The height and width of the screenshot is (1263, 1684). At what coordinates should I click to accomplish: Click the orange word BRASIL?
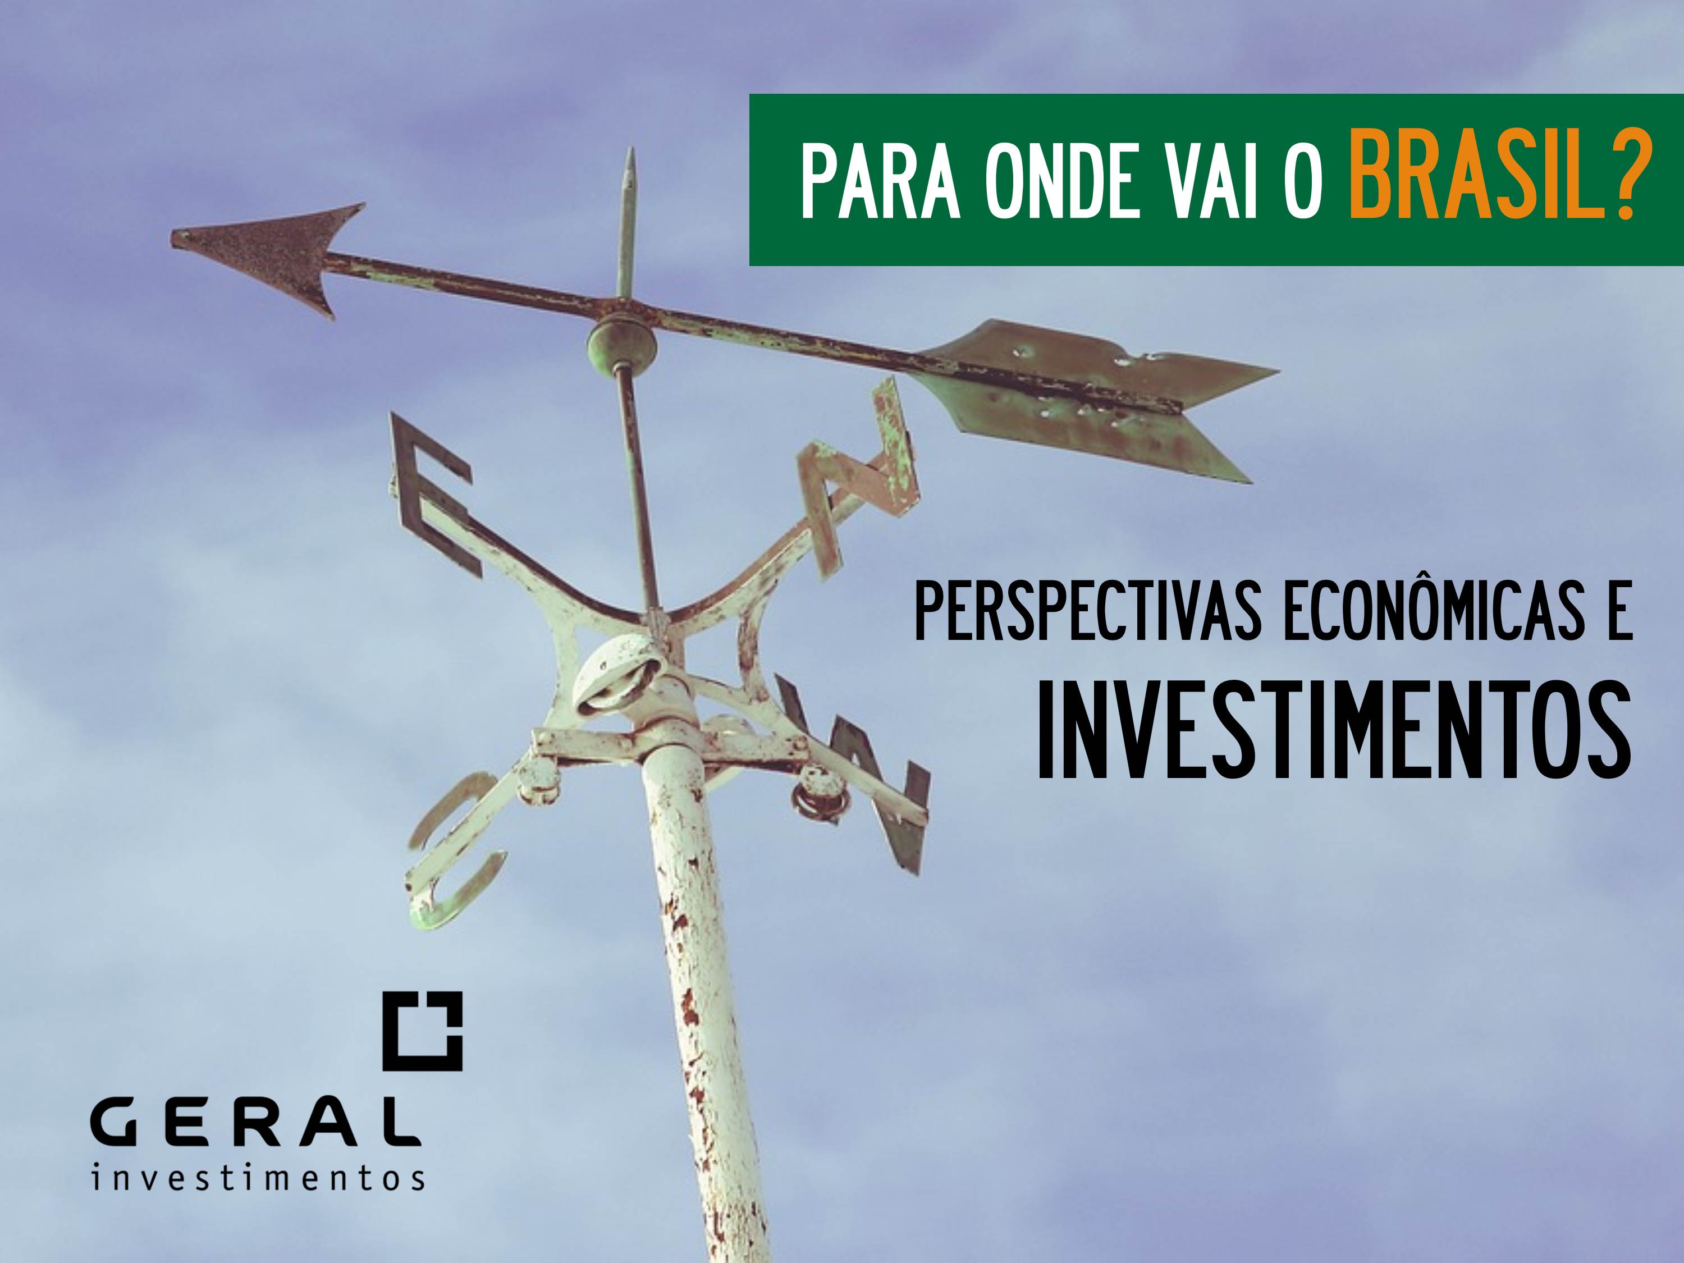(1494, 180)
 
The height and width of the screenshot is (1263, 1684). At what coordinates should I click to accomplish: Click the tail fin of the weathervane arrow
(1096, 396)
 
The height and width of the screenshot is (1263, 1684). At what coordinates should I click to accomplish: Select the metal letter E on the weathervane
(434, 495)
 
